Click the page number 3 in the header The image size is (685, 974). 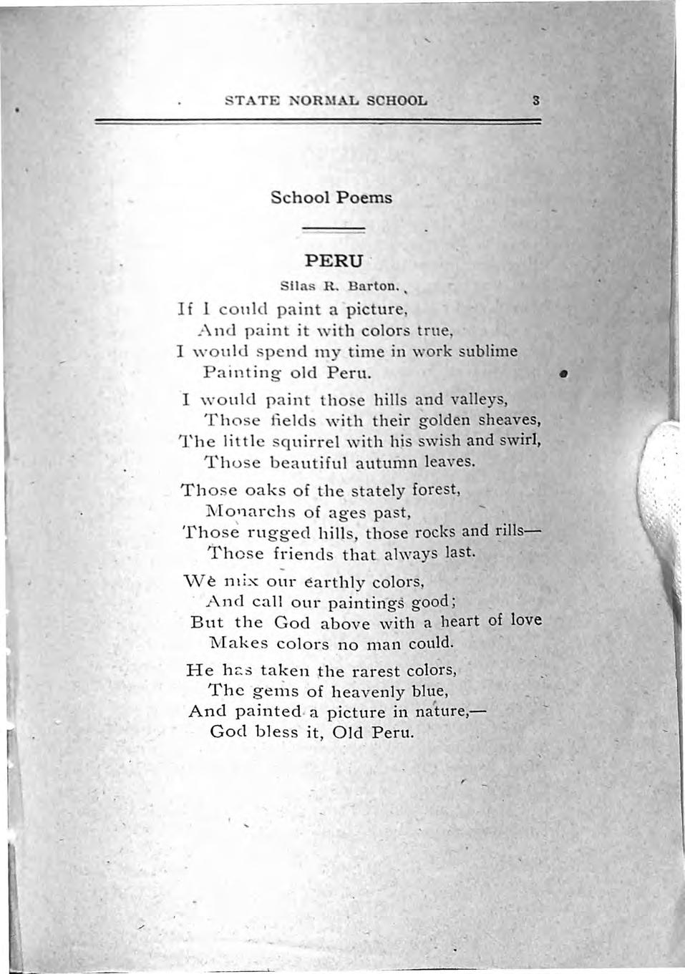535,100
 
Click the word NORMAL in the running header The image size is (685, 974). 314,100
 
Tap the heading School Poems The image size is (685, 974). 331,197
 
